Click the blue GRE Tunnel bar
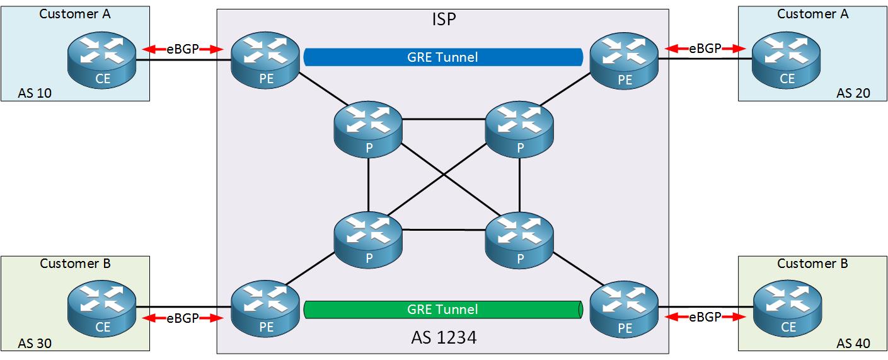443,57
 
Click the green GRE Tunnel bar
443,310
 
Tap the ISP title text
444,19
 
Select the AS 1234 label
444,337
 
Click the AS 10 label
35,93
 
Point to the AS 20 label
853,93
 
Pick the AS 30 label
35,344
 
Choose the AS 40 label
853,344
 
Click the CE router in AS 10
102,60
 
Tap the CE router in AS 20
786,60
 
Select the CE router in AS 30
102,308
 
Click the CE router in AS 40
787,308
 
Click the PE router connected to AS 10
265,60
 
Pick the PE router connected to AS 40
624,310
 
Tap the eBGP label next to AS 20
705,49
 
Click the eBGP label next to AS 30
183,318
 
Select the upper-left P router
368,129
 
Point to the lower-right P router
519,240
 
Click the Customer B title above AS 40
812,264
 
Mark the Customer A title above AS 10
75,14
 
